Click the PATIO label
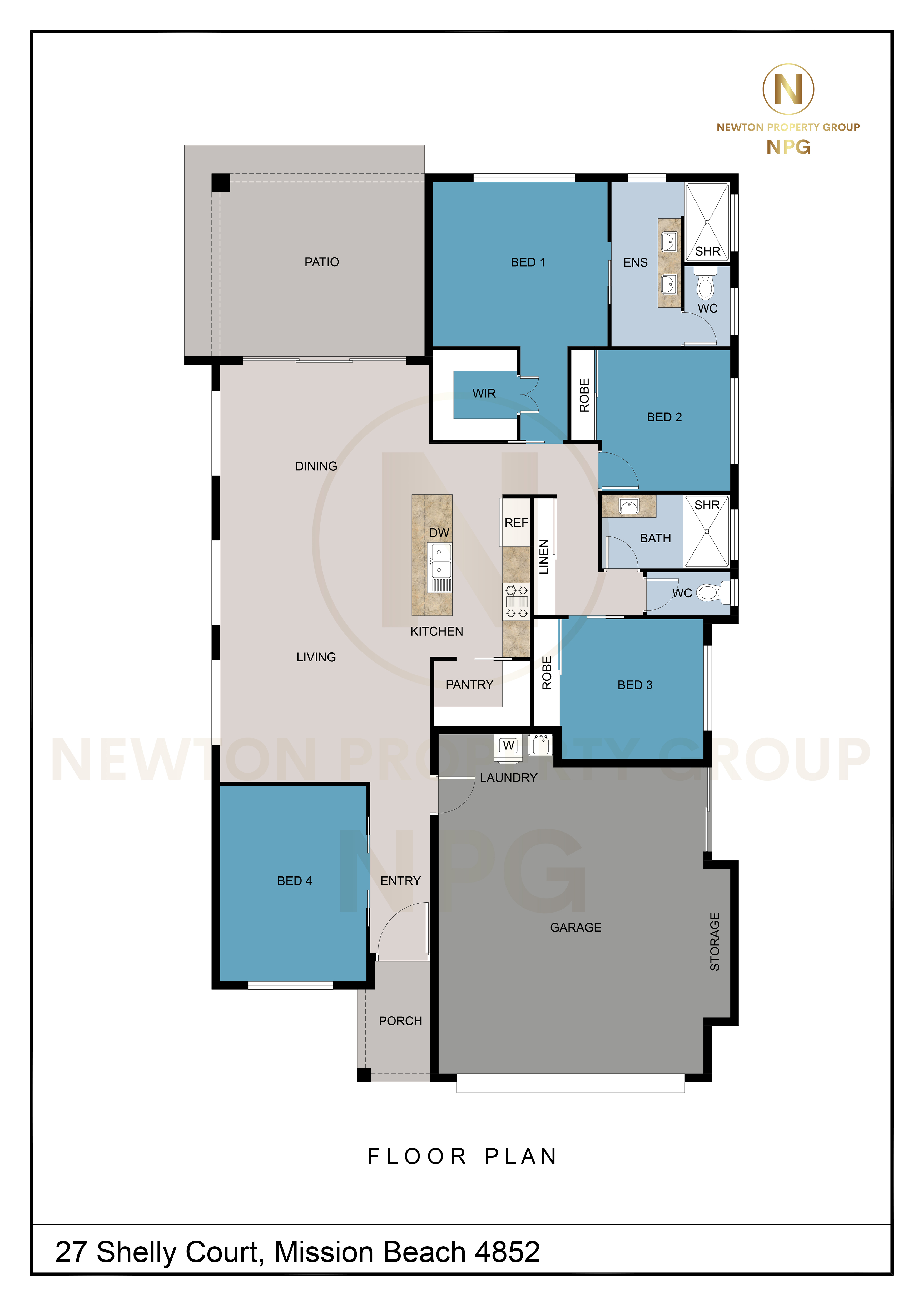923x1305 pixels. (322, 262)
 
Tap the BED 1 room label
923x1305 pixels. (528, 262)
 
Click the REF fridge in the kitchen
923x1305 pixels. (516, 522)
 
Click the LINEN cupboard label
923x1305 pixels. (544, 557)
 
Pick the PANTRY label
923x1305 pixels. (469, 684)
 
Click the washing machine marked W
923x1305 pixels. (509, 746)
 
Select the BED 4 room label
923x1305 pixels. (294, 880)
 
